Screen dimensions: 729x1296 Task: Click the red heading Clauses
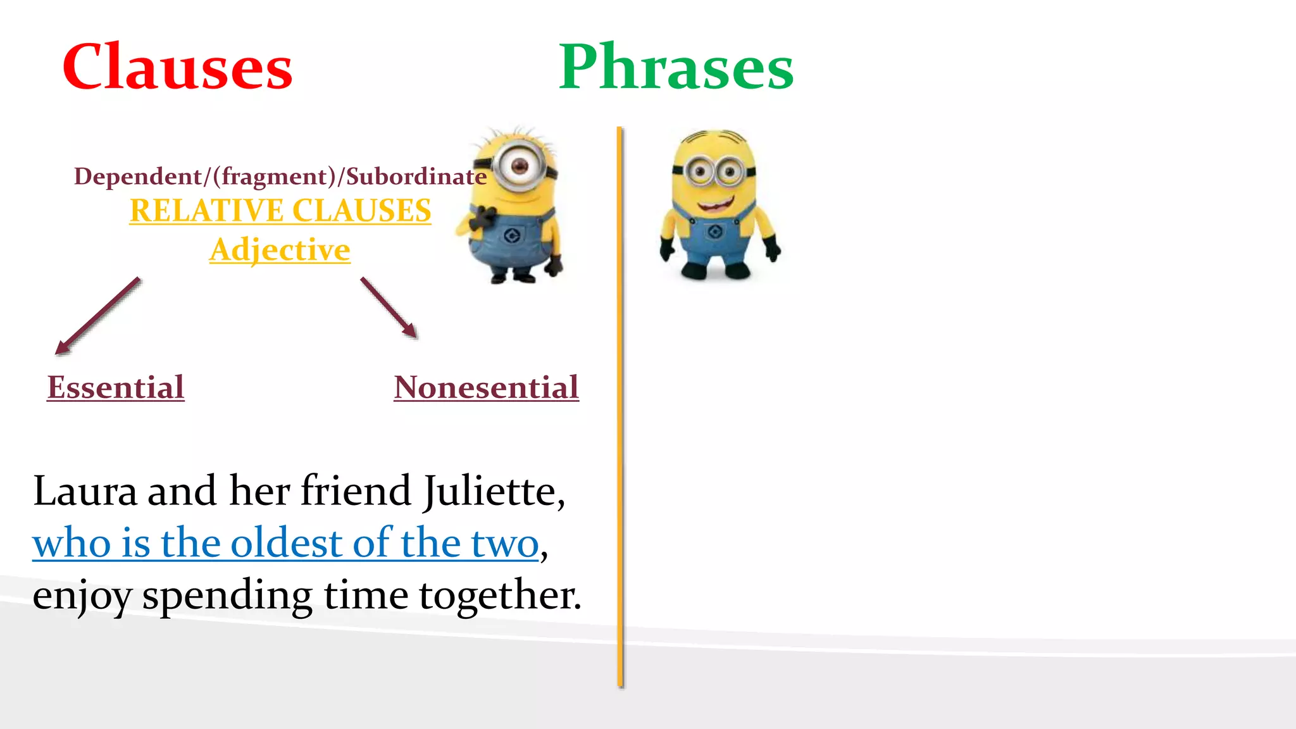(177, 67)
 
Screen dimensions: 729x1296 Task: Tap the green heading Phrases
(676, 67)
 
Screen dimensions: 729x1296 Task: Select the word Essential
(116, 387)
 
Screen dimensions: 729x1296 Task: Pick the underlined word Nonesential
(486, 387)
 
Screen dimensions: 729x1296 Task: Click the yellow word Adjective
(280, 249)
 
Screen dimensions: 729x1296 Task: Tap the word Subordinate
(416, 177)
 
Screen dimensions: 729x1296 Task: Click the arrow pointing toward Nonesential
(389, 308)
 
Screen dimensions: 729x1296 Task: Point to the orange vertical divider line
(620, 405)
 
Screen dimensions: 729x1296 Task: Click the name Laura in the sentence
(85, 491)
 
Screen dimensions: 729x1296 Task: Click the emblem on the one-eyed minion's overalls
(512, 237)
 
